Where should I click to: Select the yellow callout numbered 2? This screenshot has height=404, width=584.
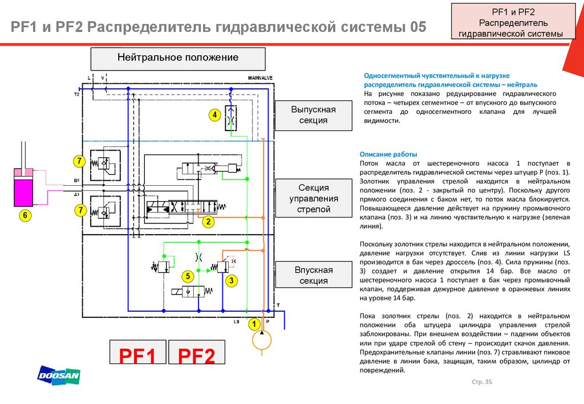(209, 222)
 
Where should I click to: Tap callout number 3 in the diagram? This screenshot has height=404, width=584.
(231, 280)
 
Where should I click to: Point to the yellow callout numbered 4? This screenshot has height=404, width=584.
(214, 115)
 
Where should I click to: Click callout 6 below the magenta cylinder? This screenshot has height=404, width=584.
(26, 215)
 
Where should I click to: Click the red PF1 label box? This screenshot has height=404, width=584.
(137, 356)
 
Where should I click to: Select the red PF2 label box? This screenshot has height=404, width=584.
(196, 356)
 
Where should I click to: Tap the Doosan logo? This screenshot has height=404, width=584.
(59, 375)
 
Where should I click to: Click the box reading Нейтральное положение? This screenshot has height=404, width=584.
(178, 58)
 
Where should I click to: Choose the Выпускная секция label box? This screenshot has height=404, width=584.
(314, 115)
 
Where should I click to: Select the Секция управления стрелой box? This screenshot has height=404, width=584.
(314, 198)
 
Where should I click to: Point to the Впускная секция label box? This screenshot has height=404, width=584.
(314, 275)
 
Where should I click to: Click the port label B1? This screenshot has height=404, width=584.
(76, 181)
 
